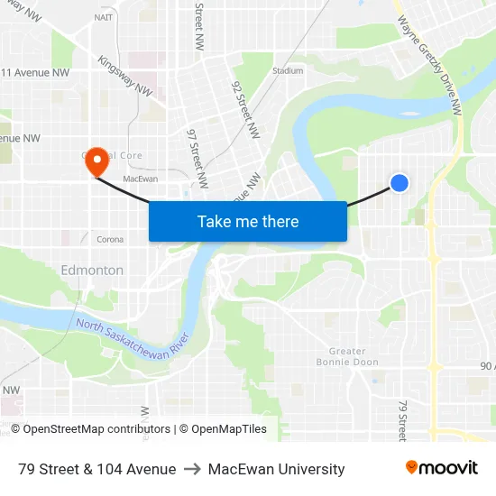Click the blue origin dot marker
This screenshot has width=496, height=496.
click(400, 183)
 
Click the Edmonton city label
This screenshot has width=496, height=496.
click(92, 270)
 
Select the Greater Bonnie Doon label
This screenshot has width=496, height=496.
click(341, 356)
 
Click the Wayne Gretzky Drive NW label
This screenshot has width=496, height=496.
click(429, 57)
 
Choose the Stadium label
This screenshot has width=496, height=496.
click(288, 70)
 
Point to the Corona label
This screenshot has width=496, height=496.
click(110, 240)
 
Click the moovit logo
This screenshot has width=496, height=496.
click(442, 468)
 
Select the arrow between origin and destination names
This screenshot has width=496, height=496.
click(192, 469)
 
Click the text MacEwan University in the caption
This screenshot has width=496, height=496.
click(276, 469)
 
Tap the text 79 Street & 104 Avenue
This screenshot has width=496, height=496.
click(96, 469)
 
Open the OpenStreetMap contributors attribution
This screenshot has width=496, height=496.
click(90, 429)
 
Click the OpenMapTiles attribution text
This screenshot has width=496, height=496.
click(222, 429)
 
